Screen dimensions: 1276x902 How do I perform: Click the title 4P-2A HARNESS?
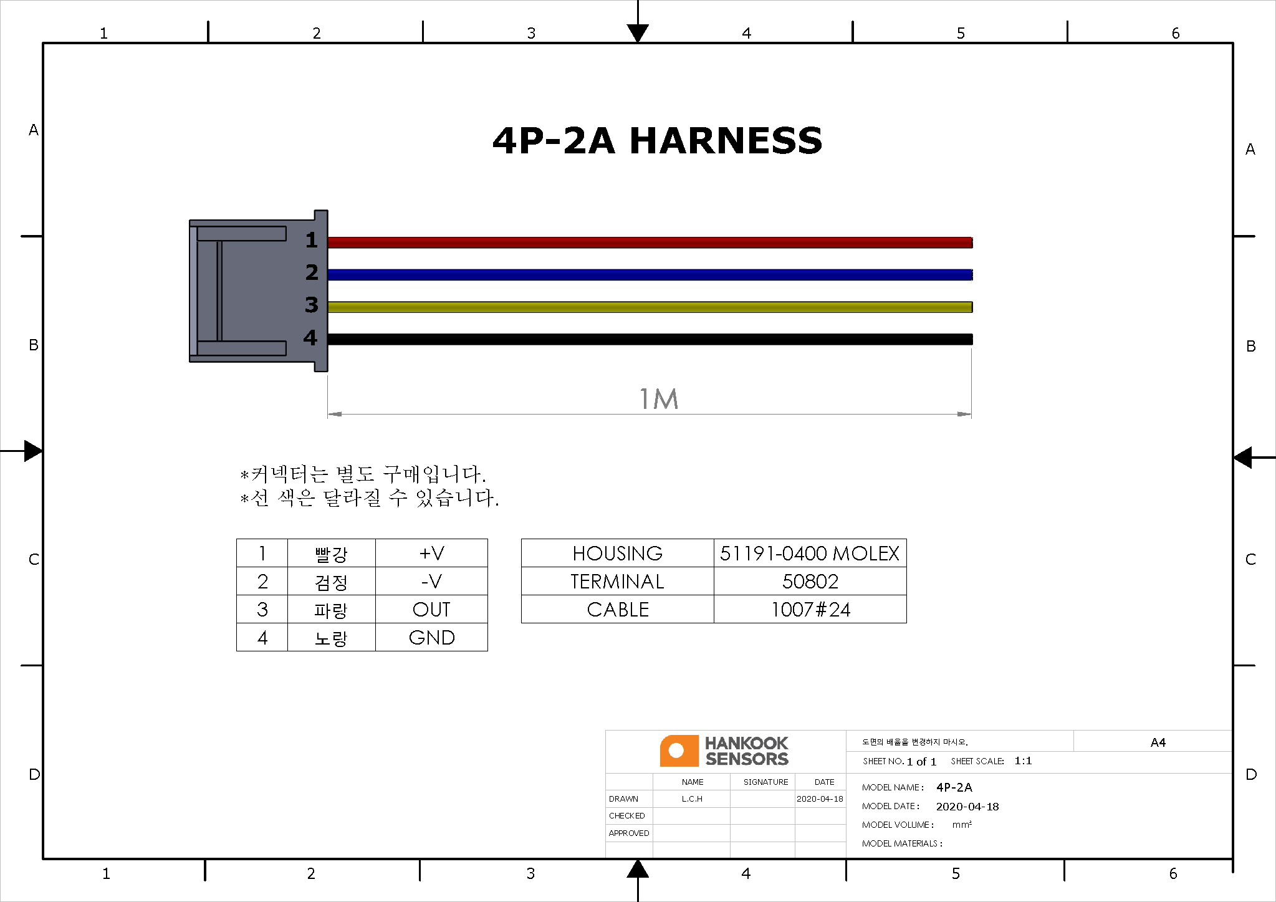coord(657,140)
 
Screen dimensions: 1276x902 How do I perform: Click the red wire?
coord(650,242)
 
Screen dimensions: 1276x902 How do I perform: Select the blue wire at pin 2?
coord(650,275)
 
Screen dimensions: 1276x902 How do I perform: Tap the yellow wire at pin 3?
coord(650,307)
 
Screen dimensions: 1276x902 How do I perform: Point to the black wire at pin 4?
coord(650,340)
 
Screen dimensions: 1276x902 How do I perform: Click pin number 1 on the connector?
coord(312,240)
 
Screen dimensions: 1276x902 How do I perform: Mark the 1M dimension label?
coord(659,399)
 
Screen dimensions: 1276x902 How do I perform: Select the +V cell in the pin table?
coord(431,553)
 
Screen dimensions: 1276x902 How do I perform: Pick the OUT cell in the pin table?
coord(431,609)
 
